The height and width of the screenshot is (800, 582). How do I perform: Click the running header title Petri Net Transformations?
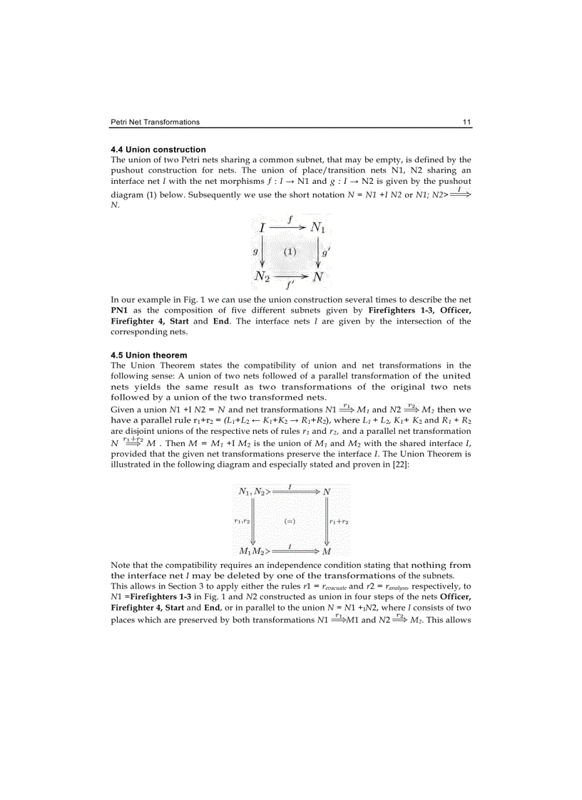click(x=155, y=122)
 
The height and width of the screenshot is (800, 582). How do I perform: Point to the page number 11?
click(x=466, y=122)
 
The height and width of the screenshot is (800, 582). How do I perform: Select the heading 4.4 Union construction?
click(x=158, y=150)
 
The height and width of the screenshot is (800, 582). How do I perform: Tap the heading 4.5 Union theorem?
click(x=149, y=355)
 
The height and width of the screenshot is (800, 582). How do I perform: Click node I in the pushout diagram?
click(x=262, y=228)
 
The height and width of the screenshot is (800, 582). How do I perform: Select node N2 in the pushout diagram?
click(x=262, y=275)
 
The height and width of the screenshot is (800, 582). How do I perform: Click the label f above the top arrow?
click(x=290, y=221)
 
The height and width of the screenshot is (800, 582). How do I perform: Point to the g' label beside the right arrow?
click(x=325, y=251)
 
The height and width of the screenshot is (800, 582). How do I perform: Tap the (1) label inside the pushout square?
click(x=290, y=251)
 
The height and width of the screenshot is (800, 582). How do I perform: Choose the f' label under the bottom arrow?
click(x=290, y=284)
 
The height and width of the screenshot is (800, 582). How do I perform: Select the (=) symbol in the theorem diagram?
click(x=290, y=521)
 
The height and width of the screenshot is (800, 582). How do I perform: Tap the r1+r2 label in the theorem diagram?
click(x=339, y=521)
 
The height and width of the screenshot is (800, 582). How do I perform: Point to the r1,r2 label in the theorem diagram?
click(x=242, y=521)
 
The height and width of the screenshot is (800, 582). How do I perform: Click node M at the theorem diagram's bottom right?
click(x=327, y=551)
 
